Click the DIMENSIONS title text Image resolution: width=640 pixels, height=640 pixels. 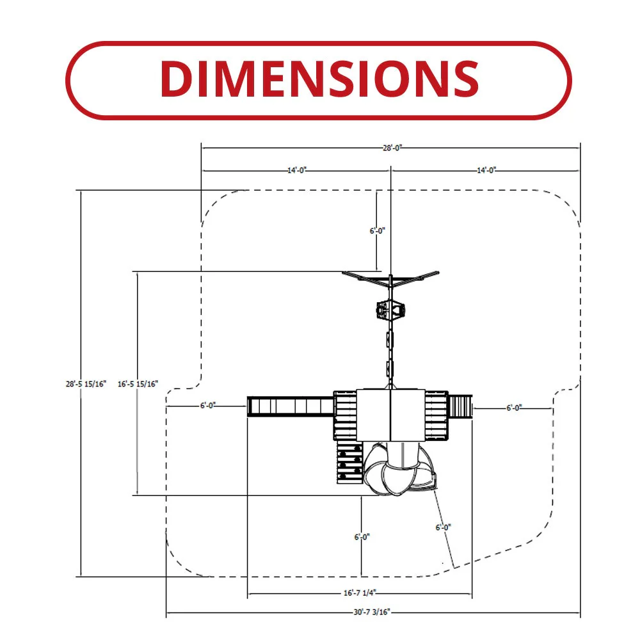[319, 78]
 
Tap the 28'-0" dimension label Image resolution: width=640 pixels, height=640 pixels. [392, 148]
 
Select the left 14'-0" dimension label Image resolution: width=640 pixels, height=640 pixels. [297, 170]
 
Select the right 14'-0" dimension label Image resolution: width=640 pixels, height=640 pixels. [486, 170]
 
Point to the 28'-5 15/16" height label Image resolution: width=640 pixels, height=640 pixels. [86, 383]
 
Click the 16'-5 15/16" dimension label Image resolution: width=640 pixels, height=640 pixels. [138, 383]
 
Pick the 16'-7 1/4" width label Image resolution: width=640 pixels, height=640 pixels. [360, 593]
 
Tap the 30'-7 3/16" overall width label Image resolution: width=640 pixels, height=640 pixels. [371, 612]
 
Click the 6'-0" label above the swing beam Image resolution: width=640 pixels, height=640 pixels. [377, 230]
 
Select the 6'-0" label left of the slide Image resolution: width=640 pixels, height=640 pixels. [208, 405]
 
